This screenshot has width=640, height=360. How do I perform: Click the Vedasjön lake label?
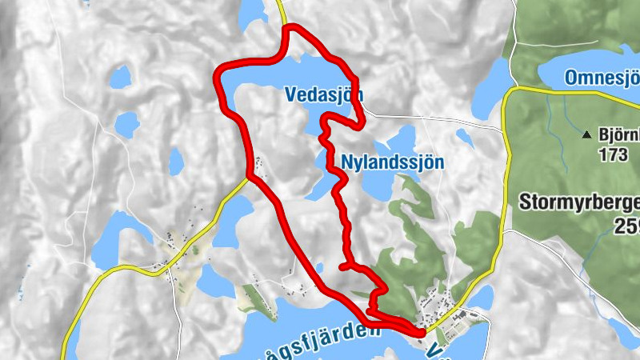pos(323,94)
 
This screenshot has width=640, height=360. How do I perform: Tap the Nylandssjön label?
pos(392,161)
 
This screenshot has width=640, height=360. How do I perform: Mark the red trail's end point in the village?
pos(422,331)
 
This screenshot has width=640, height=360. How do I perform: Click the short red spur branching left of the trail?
pos(345,265)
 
